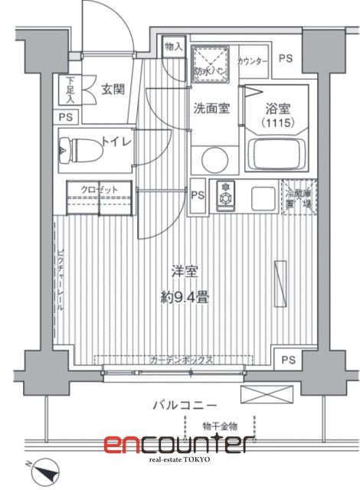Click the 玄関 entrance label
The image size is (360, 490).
point(113,88)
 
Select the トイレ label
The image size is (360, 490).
point(116,142)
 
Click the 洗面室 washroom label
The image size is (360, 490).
point(211,108)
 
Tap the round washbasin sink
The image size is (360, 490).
point(214,158)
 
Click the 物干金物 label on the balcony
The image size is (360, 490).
point(221,426)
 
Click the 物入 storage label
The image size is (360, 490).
point(174,47)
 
